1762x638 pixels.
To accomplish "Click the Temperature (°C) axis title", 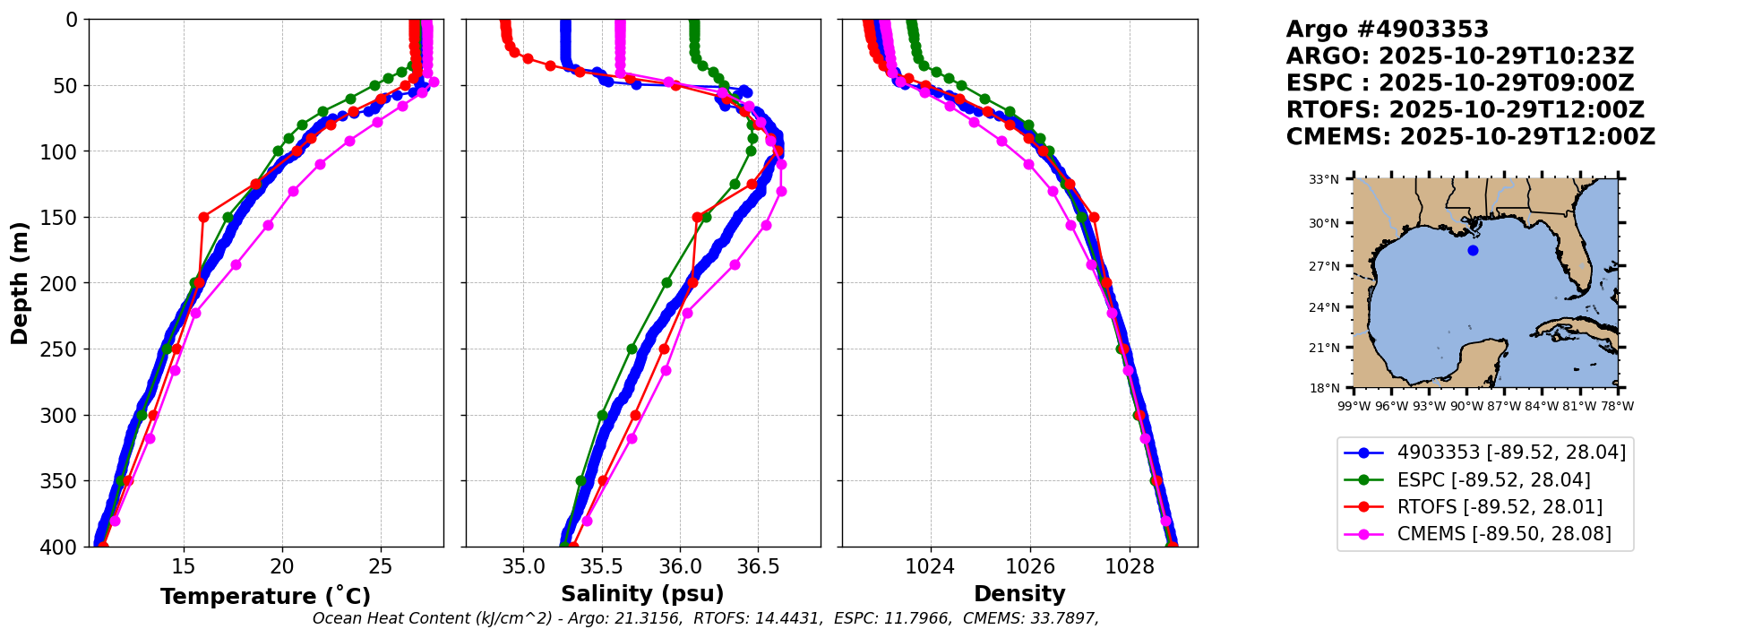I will coord(265,596).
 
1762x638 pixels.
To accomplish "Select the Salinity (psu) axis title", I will coord(642,594).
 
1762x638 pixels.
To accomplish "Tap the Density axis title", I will coord(1019,594).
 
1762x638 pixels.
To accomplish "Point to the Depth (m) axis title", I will coord(20,283).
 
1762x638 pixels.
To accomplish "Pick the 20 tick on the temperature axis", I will coord(282,566).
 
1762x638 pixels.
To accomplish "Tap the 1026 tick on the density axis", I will coord(1030,566).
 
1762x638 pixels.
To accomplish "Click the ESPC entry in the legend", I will coord(1493,479).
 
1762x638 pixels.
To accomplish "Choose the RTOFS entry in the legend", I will coord(1500,506).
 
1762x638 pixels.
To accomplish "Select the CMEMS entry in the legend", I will coord(1504,534).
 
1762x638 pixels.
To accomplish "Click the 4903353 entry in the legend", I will coord(1511,453).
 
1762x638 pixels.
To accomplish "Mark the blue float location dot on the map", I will coord(1473,250).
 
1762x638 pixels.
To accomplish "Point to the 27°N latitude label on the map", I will coord(1324,266).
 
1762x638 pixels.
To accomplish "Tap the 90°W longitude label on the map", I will coord(1466,406).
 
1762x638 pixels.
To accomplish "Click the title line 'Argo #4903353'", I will coord(1387,30).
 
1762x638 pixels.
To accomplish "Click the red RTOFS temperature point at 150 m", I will coord(203,217).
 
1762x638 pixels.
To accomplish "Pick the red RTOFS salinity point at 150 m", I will coord(697,217).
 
